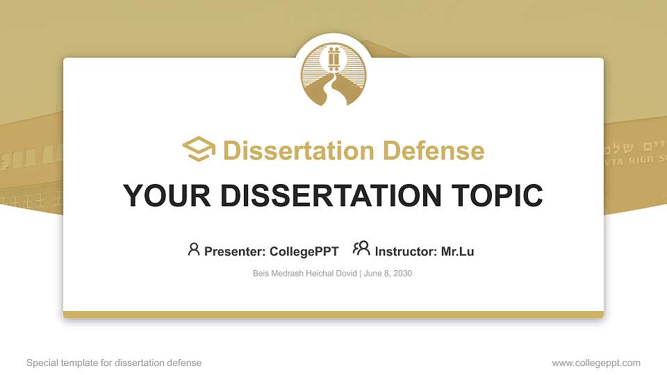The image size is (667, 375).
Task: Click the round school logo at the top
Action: pos(333,74)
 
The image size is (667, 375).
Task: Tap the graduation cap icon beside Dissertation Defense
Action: pos(199,150)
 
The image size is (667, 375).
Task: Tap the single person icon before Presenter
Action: pos(194,249)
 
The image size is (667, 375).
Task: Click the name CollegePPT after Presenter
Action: pos(304,251)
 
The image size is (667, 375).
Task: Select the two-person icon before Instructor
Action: pos(361,249)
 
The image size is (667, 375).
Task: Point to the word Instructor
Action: pos(406,251)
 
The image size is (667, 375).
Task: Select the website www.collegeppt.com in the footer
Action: pos(596,362)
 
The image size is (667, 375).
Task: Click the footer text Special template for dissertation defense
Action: pos(114,362)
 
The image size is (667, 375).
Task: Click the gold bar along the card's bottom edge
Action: pos(333,315)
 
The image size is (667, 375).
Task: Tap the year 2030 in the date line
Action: pos(402,274)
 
